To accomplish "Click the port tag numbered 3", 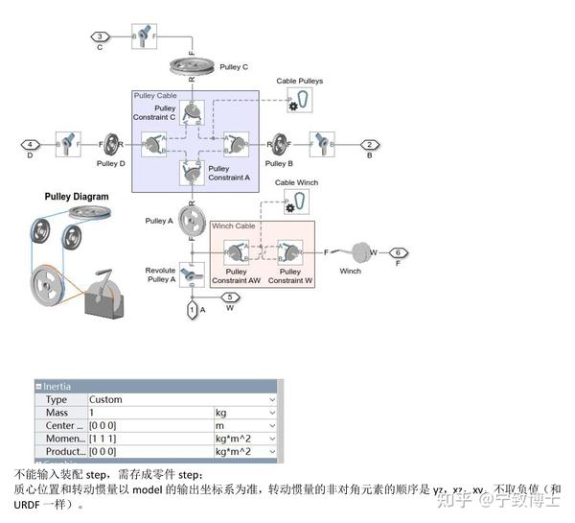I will [x=100, y=36].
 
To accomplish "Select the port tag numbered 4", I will [x=28, y=144].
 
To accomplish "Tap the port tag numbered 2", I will [x=370, y=144].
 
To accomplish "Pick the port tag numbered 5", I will [x=229, y=297].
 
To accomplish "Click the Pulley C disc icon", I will [x=192, y=66].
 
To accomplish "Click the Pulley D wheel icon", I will [x=112, y=144].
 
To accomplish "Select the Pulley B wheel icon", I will [x=279, y=144].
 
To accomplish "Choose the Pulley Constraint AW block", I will [x=236, y=252].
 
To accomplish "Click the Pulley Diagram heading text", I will [x=77, y=197].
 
